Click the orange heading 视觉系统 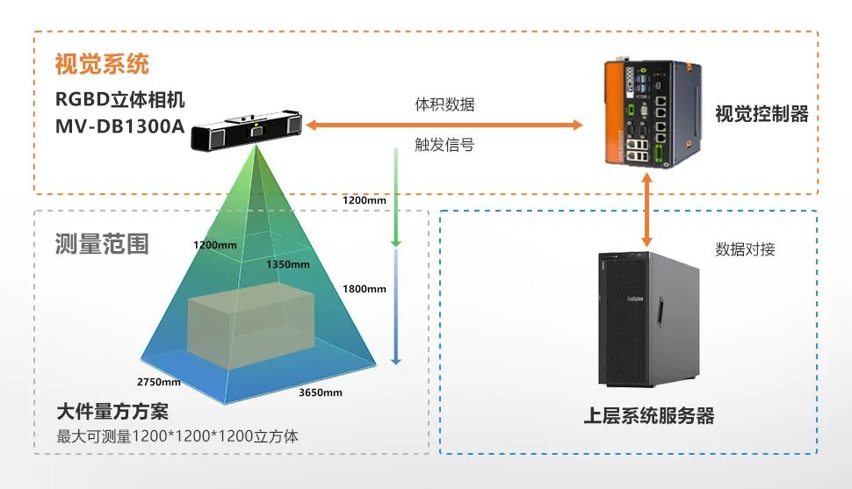[102, 64]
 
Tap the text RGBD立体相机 [120, 98]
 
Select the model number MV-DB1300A [120, 126]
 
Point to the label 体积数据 [444, 104]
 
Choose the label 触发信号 [444, 144]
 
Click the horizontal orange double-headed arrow [444, 126]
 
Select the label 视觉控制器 [761, 114]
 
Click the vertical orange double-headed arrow [648, 211]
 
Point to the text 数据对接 [745, 249]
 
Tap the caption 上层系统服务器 [649, 415]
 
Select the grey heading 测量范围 [102, 243]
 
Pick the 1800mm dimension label [364, 289]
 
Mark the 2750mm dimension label [159, 382]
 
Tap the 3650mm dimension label [321, 392]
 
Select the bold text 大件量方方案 [112, 412]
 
